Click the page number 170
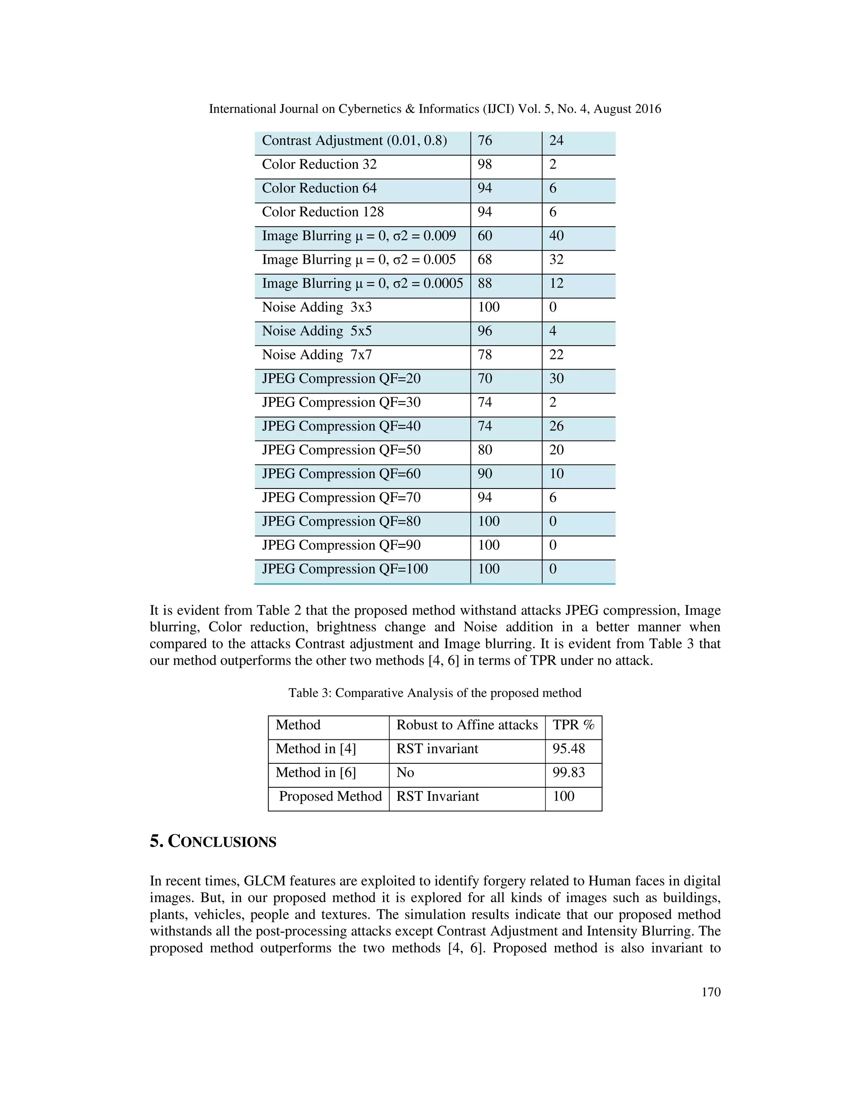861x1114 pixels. (x=710, y=992)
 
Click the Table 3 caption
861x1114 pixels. (x=435, y=693)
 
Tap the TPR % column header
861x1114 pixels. (x=573, y=725)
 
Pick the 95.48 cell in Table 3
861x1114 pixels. (x=568, y=749)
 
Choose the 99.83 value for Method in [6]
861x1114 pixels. (x=568, y=772)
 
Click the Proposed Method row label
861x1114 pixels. (x=330, y=796)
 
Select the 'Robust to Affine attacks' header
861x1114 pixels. (x=467, y=725)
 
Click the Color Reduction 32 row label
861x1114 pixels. (x=320, y=164)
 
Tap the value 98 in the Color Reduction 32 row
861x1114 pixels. (x=485, y=164)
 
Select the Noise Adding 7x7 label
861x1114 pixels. (x=317, y=354)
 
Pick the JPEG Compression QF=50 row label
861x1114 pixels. (x=341, y=450)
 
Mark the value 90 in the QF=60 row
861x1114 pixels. (x=485, y=474)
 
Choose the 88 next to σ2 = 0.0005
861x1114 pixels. (x=485, y=283)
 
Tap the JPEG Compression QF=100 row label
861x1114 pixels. (x=345, y=569)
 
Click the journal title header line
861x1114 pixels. (x=435, y=108)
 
